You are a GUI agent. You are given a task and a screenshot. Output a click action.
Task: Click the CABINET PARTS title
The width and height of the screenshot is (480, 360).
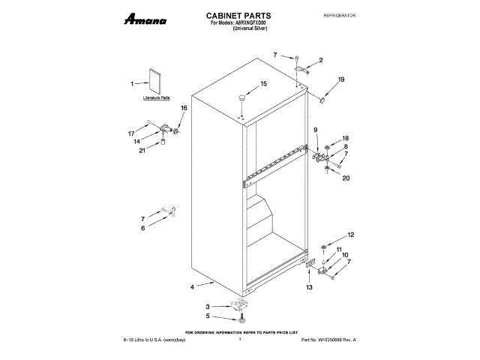click(238, 15)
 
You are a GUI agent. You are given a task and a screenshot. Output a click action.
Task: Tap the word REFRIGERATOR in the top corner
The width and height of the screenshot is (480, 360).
click(338, 15)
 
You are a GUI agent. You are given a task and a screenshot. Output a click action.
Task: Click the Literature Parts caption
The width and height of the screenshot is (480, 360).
click(157, 99)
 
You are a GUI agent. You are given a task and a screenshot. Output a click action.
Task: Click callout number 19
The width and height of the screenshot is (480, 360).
click(341, 79)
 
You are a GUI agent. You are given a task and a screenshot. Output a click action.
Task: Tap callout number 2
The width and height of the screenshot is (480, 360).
click(320, 60)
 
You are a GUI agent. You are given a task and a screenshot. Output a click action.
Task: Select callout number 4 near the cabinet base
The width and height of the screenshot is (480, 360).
click(192, 287)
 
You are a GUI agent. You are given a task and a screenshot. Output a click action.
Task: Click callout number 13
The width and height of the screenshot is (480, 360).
click(309, 287)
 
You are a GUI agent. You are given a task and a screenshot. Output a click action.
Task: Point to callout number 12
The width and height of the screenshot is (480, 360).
click(349, 235)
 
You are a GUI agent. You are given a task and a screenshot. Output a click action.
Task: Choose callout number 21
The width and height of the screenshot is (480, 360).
click(142, 150)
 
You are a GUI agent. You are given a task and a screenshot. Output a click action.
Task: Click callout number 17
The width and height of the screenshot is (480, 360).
click(131, 133)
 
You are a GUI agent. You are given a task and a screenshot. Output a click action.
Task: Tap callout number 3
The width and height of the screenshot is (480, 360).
click(208, 307)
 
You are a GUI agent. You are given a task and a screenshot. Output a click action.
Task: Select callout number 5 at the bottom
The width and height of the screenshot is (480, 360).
click(208, 316)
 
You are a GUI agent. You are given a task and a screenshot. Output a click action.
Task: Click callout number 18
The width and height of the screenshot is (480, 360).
click(346, 139)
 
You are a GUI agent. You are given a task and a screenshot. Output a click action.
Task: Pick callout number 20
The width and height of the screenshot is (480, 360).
click(346, 178)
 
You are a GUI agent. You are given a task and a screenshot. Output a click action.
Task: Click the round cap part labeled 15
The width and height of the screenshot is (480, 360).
click(242, 97)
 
